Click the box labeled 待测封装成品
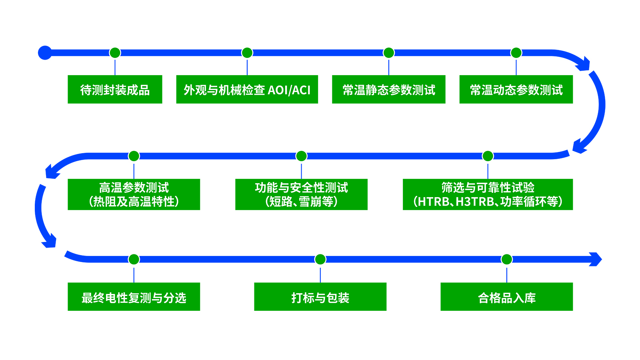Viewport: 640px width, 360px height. coord(115,89)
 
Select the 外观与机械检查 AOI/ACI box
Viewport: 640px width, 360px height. coord(247,89)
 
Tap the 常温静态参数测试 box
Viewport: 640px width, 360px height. coord(388,89)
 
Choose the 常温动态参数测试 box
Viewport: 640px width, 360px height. coord(516,89)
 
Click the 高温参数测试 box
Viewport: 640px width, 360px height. coord(134,194)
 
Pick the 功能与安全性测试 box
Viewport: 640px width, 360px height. coord(301,194)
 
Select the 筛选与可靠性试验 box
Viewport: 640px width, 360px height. coord(488,194)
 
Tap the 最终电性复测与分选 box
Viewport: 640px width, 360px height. coord(134,297)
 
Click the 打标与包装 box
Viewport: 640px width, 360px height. coord(320,297)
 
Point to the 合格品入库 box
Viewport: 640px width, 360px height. coord(506,297)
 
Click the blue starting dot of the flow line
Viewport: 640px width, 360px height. coord(45,53)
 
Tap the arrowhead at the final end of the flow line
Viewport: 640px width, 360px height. coord(596,259)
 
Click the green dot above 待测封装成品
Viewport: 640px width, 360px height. coord(115,53)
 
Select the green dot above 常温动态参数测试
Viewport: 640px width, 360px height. coord(516,53)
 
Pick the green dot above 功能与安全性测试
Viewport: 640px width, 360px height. coord(301,156)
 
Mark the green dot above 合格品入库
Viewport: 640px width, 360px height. coord(506,259)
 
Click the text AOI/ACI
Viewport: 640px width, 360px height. coord(289,90)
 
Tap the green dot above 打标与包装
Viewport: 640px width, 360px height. coord(320,259)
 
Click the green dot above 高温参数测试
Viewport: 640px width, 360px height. coord(134,156)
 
